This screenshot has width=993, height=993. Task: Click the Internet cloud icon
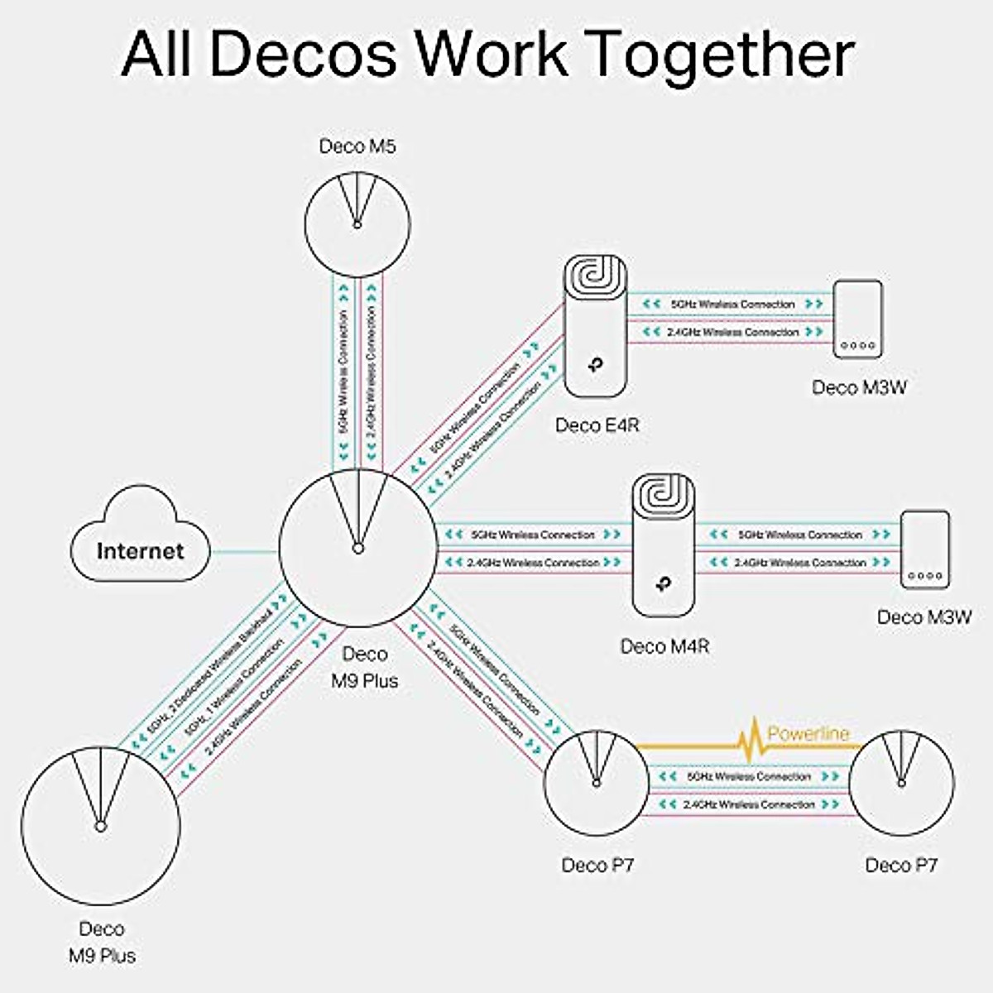[139, 539]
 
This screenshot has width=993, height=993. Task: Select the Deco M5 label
[357, 146]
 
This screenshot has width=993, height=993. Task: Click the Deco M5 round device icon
[357, 223]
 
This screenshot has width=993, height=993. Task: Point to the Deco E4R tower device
[596, 326]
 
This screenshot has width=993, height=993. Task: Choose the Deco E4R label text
[597, 425]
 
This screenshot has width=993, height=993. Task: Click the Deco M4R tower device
[664, 545]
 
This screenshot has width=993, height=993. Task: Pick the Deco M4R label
[664, 646]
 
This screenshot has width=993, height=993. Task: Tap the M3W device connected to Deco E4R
[857, 319]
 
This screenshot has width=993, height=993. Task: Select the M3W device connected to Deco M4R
[925, 550]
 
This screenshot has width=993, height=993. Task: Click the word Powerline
[808, 733]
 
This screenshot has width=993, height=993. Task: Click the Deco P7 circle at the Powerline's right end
[902, 782]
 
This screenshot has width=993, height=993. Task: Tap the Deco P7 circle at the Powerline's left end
[596, 782]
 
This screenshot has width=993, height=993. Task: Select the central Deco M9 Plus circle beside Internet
[357, 547]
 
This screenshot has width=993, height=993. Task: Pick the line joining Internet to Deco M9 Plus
[244, 551]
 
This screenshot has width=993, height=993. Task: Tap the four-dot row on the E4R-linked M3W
[857, 346]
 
